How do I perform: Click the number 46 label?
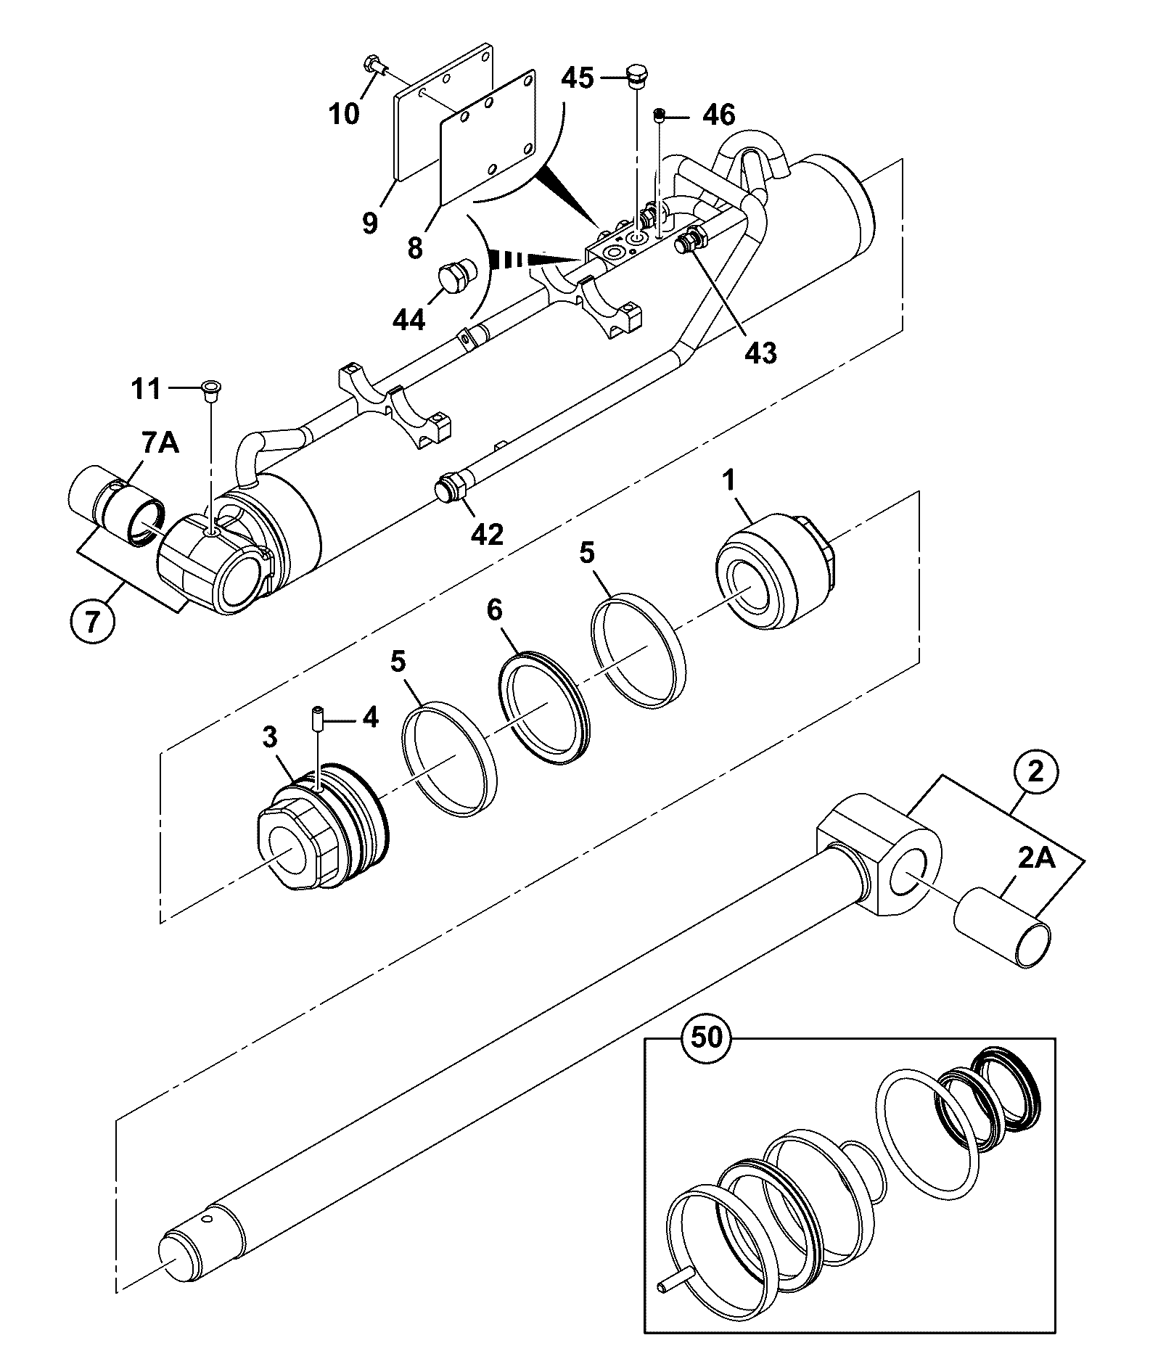click(x=718, y=115)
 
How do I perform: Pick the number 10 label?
click(x=345, y=114)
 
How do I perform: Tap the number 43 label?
click(x=760, y=353)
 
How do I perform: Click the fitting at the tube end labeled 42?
click(x=451, y=488)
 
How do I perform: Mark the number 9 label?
click(x=370, y=221)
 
